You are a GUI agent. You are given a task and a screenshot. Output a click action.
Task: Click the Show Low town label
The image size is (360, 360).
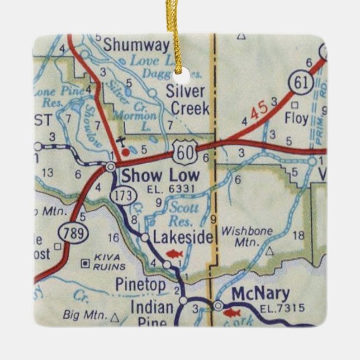tap(160, 176)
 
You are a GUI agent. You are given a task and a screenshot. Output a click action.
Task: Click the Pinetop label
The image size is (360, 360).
tap(140, 285)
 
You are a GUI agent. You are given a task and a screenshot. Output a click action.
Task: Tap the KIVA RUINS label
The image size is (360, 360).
tap(106, 264)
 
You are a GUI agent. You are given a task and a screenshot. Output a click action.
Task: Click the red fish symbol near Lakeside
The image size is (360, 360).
tap(174, 254)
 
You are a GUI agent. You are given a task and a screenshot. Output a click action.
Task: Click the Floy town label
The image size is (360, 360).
tap(297, 119)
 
